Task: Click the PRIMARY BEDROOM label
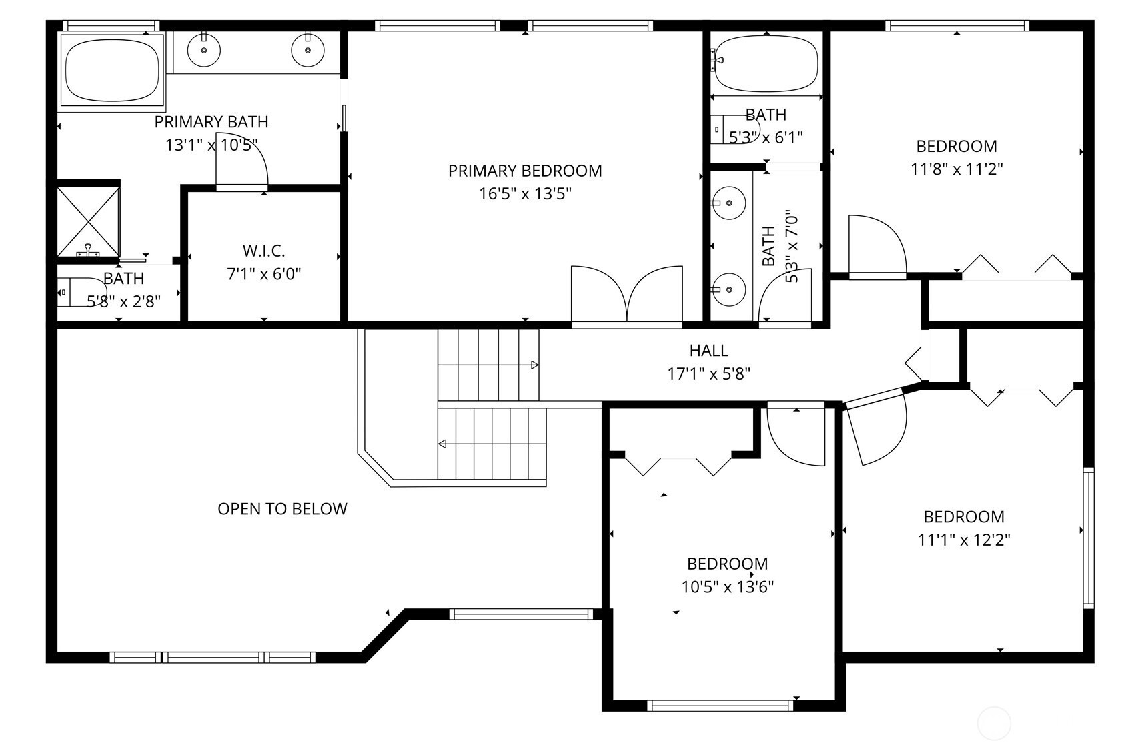tap(525, 171)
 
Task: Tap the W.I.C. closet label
tap(263, 251)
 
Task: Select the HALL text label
tap(709, 351)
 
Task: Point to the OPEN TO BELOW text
tap(282, 509)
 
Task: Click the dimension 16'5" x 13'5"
tap(525, 194)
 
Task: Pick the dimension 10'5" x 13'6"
tap(728, 587)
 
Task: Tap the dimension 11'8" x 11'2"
tap(957, 169)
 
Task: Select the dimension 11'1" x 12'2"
tap(964, 540)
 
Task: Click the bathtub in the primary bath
tap(112, 71)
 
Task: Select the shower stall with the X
tap(88, 221)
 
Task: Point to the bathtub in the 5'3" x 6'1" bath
tap(766, 64)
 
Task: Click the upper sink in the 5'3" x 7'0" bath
tap(729, 203)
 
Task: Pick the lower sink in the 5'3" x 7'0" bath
tap(729, 289)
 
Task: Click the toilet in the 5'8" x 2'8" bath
tap(81, 293)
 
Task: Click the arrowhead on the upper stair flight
tap(535, 365)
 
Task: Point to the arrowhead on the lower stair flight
tap(442, 444)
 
